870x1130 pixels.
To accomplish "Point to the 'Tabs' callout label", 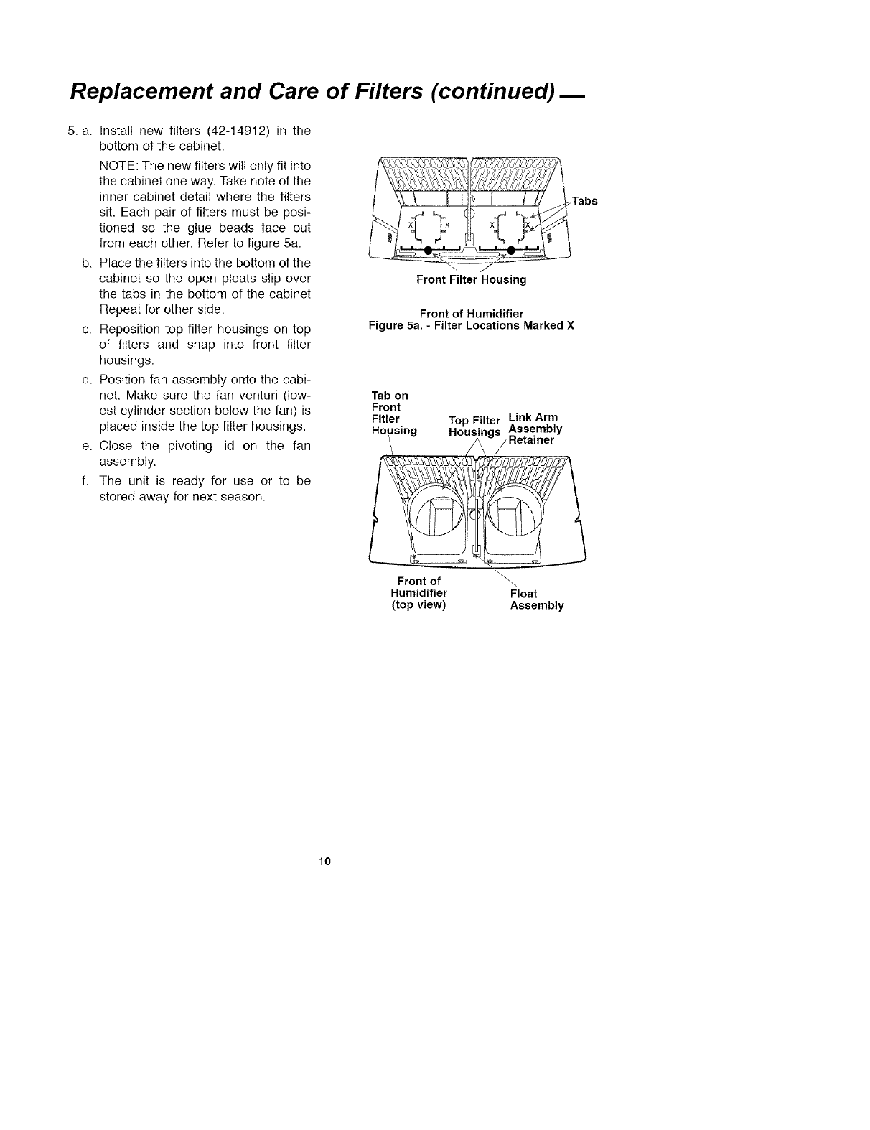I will (584, 201).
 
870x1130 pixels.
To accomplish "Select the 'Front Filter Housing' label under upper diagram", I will (471, 280).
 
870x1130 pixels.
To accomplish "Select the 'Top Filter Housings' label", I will (474, 426).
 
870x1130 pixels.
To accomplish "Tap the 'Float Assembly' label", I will (537, 599).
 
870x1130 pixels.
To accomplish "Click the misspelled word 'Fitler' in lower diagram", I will (385, 419).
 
